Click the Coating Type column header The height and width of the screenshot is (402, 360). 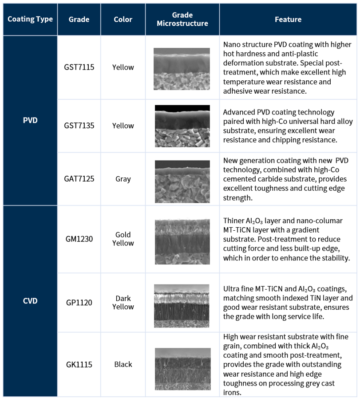tap(30, 19)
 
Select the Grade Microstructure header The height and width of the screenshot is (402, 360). tap(182, 19)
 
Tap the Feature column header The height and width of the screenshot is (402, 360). tap(288, 19)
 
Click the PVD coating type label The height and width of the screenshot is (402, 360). tap(30, 120)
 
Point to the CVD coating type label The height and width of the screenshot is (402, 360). tap(30, 301)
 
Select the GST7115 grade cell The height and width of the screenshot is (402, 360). tap(79, 67)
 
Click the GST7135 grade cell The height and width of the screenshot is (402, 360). tap(79, 126)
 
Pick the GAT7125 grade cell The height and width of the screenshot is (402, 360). tap(79, 179)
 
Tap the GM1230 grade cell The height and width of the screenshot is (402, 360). tap(79, 239)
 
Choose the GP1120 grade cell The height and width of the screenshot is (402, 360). tap(79, 303)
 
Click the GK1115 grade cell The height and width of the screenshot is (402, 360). tap(79, 364)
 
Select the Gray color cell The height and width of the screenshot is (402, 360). tap(123, 179)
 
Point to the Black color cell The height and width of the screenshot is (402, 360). tap(123, 364)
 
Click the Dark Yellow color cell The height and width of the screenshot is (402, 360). tap(123, 302)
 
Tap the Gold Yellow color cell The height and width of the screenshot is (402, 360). tap(123, 239)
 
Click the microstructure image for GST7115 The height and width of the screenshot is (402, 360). tap(182, 68)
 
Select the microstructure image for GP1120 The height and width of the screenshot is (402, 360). tap(182, 306)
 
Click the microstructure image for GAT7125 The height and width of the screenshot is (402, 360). tap(182, 181)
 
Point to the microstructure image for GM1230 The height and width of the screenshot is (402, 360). tap(182, 242)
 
